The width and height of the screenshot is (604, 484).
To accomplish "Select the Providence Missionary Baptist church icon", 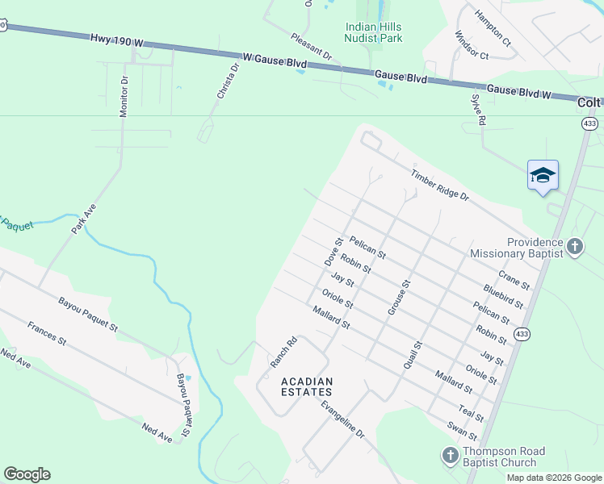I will click(x=574, y=246).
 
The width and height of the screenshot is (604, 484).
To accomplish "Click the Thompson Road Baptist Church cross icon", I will click(x=451, y=456).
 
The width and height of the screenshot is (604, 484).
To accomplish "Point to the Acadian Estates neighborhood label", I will click(x=307, y=386).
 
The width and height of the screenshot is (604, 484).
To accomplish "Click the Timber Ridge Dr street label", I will click(x=439, y=186).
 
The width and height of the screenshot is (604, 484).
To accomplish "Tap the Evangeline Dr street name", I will click(x=342, y=419).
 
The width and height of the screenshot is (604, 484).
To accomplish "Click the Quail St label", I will click(x=413, y=355).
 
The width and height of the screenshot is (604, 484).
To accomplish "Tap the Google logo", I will click(x=27, y=474).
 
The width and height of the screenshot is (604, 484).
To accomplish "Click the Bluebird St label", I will click(x=503, y=296).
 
